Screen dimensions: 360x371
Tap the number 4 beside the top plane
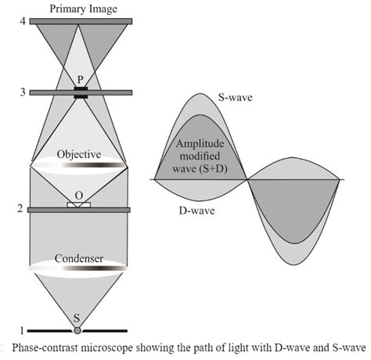(x=12, y=21)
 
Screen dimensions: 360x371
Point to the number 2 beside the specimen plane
(x=12, y=209)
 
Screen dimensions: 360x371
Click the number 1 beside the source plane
(x=12, y=329)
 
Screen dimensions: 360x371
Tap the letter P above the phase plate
(x=79, y=81)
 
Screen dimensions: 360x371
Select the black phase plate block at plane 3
(x=79, y=93)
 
